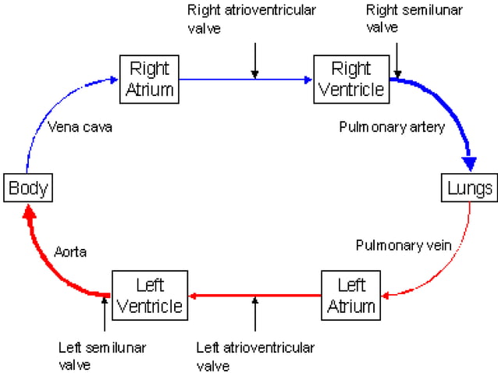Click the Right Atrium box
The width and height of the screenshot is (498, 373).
tap(149, 78)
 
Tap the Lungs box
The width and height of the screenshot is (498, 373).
tap(469, 188)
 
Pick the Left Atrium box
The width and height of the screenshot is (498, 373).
tap(350, 294)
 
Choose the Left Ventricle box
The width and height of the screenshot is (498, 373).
tap(148, 294)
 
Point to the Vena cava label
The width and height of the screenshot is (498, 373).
tap(80, 126)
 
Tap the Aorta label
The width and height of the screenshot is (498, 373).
tap(71, 252)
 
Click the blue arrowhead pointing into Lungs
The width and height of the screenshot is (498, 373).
tap(469, 164)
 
